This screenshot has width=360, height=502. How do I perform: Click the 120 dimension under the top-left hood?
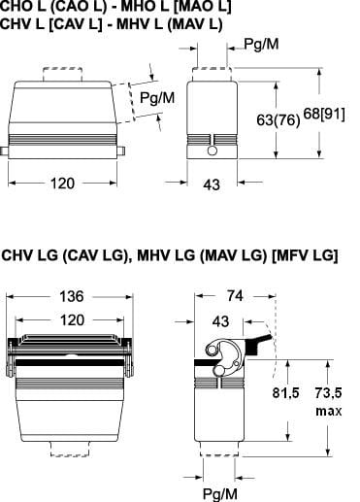pyautogui.click(x=62, y=184)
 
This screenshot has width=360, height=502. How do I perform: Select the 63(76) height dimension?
pyautogui.click(x=278, y=120)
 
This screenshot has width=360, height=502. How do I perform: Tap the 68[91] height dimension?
pyautogui.click(x=324, y=114)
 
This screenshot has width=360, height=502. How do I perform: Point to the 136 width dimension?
pyautogui.click(x=72, y=296)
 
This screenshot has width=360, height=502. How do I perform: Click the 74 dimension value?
pyautogui.click(x=235, y=295)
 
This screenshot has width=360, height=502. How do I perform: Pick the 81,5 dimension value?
pyautogui.click(x=285, y=393)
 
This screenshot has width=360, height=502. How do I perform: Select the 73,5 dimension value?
pyautogui.click(x=328, y=393)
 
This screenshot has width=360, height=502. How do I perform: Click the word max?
pyautogui.click(x=329, y=411)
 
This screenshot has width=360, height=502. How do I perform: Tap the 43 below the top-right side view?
pyautogui.click(x=212, y=184)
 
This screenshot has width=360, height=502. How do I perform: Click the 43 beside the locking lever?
pyautogui.click(x=220, y=321)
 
